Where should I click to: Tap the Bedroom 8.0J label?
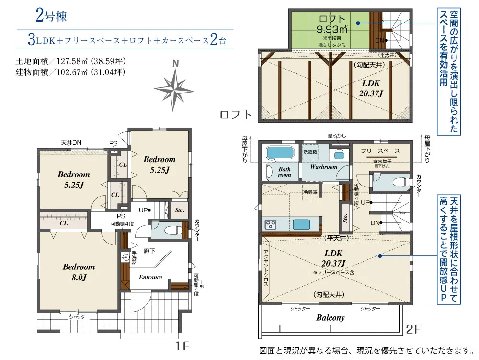pyautogui.click(x=79, y=272)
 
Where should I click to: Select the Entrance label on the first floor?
pyautogui.click(x=150, y=277)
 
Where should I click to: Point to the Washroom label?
pyautogui.click(x=324, y=167)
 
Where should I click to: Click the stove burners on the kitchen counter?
pyautogui.click(x=270, y=224)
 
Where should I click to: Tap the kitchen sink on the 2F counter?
pyautogui.click(x=302, y=224)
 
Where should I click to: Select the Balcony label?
pyautogui.click(x=330, y=318)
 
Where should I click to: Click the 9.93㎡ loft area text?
pyautogui.click(x=331, y=29)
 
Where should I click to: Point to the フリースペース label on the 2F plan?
pyautogui.click(x=380, y=151)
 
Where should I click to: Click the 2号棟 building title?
pyautogui.click(x=50, y=15)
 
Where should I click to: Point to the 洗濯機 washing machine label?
pyautogui.click(x=309, y=151)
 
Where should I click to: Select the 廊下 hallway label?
pyautogui.click(x=149, y=250)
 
